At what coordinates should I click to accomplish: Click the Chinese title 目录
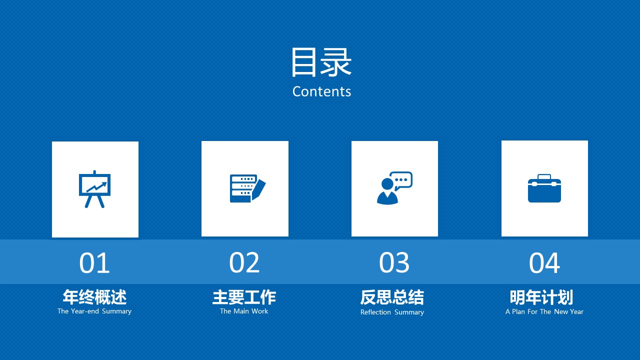(x=321, y=62)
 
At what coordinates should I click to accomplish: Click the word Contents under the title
(x=321, y=91)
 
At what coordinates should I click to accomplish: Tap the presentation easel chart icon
(x=94, y=189)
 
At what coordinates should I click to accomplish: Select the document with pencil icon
(x=247, y=188)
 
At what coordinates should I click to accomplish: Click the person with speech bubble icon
(x=394, y=188)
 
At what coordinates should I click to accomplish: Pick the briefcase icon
(x=544, y=188)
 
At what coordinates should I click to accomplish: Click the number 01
(x=94, y=263)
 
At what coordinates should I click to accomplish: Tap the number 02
(x=244, y=263)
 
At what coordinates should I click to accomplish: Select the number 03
(x=394, y=263)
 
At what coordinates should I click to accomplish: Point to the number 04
(x=544, y=263)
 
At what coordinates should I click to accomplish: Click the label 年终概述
(x=94, y=297)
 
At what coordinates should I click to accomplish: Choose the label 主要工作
(x=244, y=297)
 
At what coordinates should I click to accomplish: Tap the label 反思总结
(x=392, y=297)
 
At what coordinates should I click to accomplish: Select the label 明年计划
(x=541, y=297)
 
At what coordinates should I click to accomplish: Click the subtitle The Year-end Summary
(x=94, y=311)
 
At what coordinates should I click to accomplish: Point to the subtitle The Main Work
(x=244, y=311)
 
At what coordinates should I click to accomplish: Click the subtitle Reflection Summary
(x=392, y=312)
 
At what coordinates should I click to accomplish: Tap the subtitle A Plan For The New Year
(x=544, y=311)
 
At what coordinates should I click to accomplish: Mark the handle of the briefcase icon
(x=544, y=176)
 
